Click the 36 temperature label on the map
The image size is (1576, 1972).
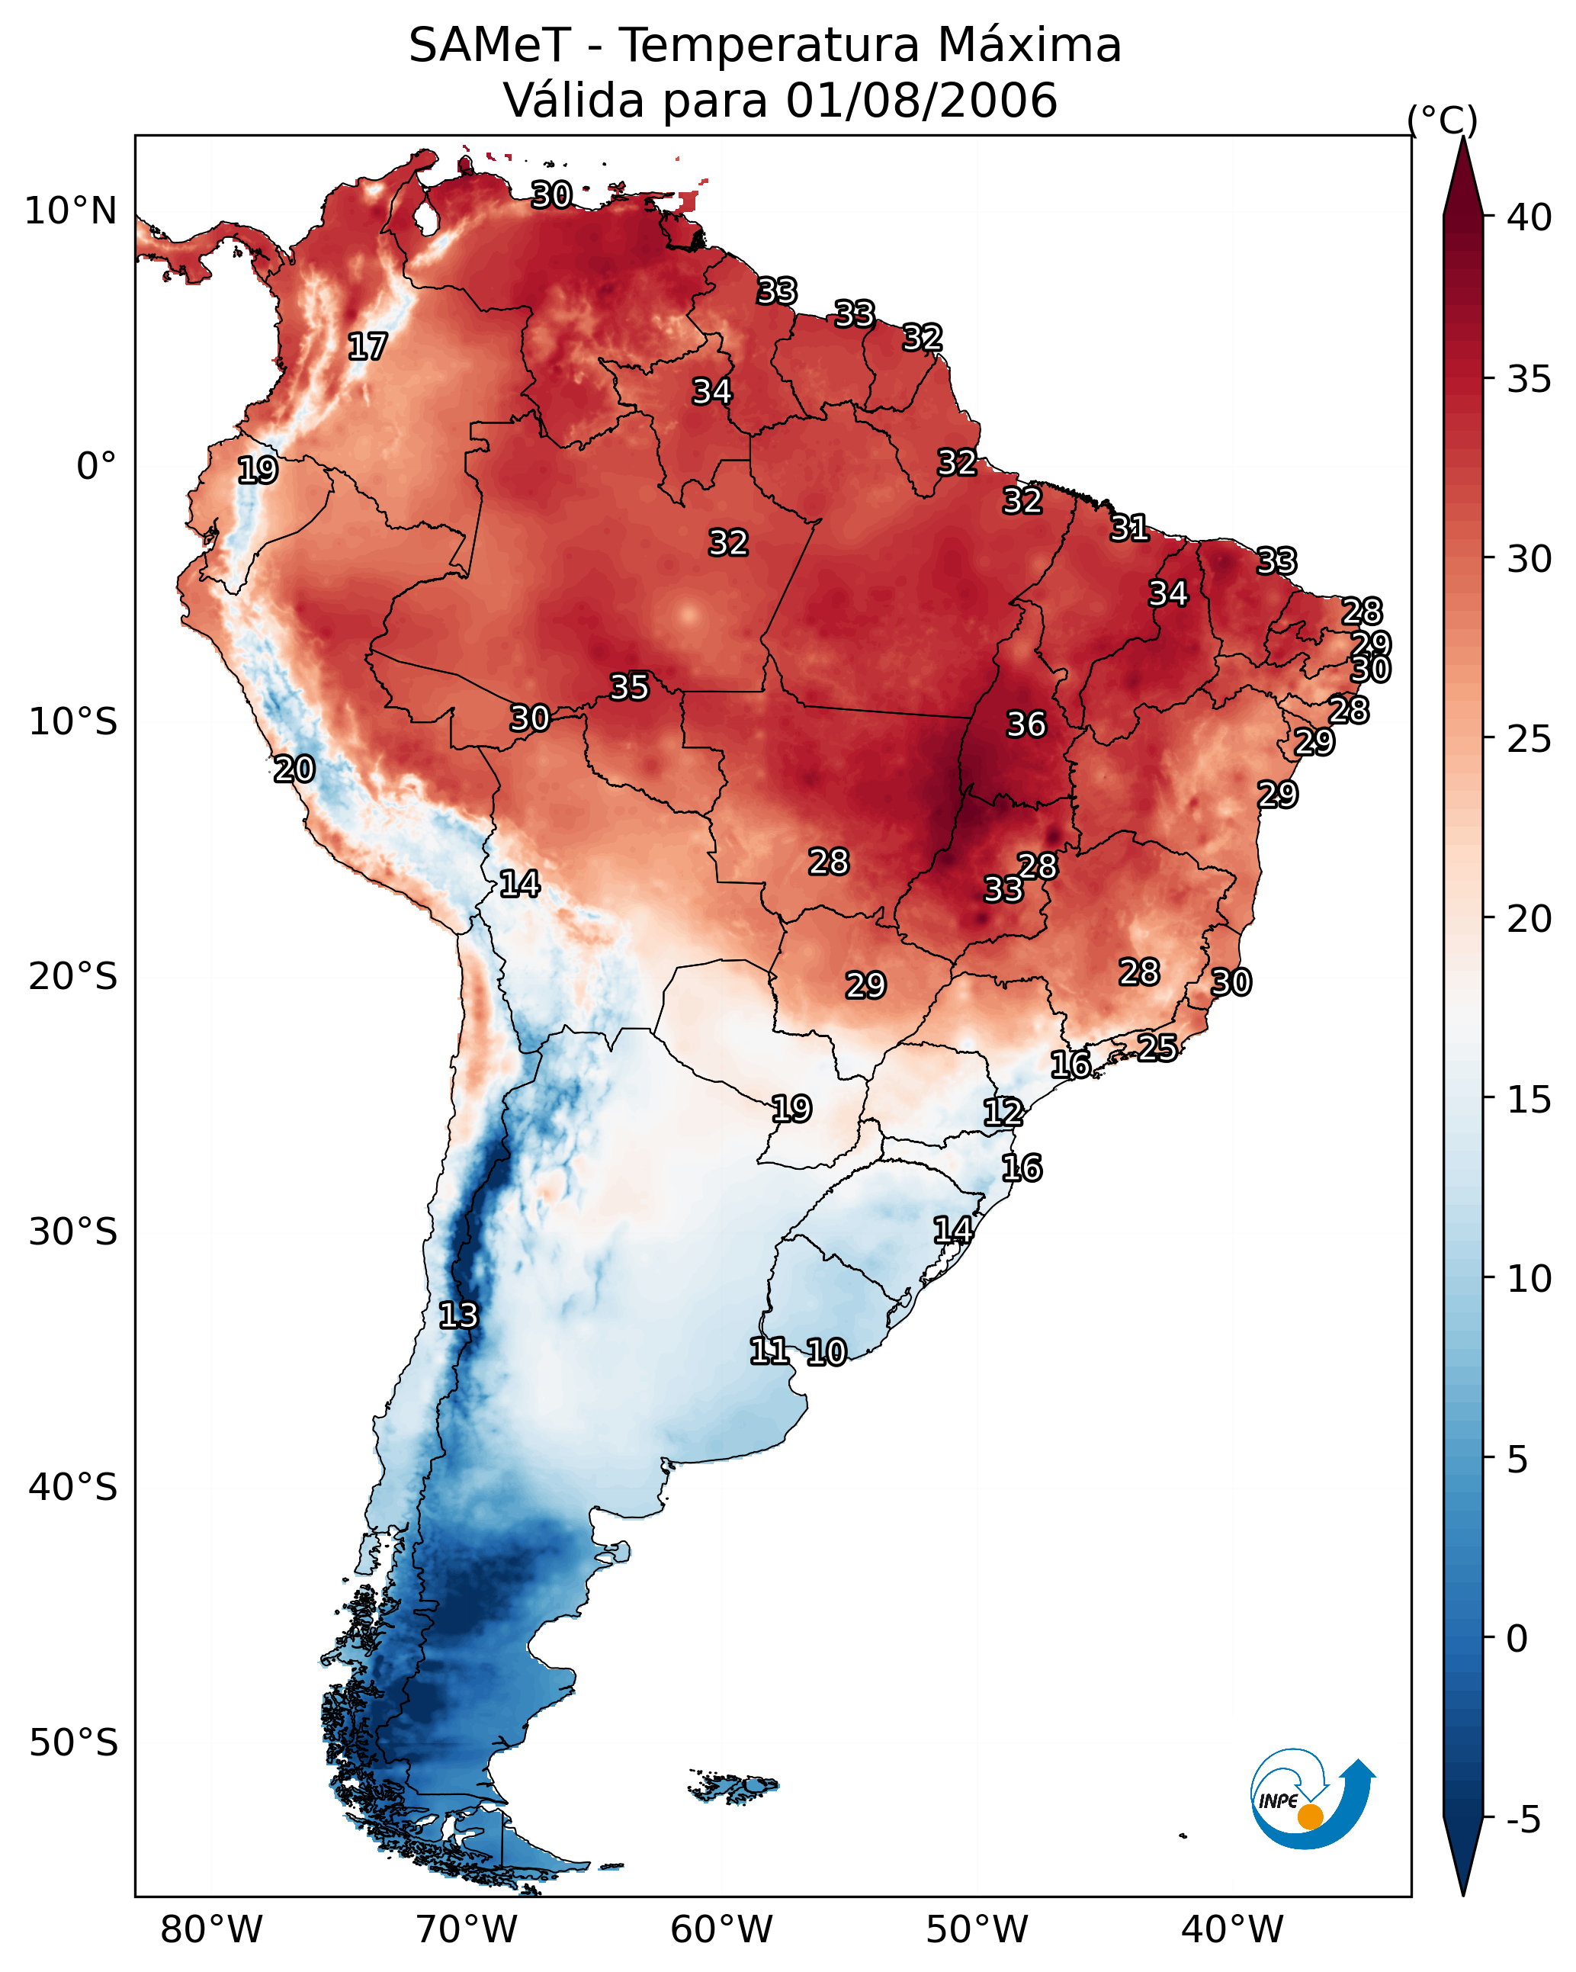point(1026,724)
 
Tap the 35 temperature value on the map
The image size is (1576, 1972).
point(629,687)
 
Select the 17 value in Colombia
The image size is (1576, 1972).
point(368,347)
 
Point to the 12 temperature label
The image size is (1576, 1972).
point(1003,1113)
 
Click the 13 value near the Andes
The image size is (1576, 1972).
point(458,1315)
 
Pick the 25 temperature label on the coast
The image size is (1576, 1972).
point(1157,1047)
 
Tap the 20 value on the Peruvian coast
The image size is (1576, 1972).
point(294,769)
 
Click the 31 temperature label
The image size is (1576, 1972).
point(1130,528)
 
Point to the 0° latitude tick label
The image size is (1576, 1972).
point(97,467)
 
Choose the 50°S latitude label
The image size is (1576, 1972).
point(73,1743)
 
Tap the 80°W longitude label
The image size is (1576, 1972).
point(211,1929)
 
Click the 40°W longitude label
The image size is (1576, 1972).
point(1232,1929)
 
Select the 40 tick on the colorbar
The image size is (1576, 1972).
point(1529,217)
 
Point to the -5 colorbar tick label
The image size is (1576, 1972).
point(1524,1820)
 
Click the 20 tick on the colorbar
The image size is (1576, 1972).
point(1529,918)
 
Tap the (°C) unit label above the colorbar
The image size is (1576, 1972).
point(1442,120)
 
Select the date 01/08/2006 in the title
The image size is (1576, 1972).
point(921,101)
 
